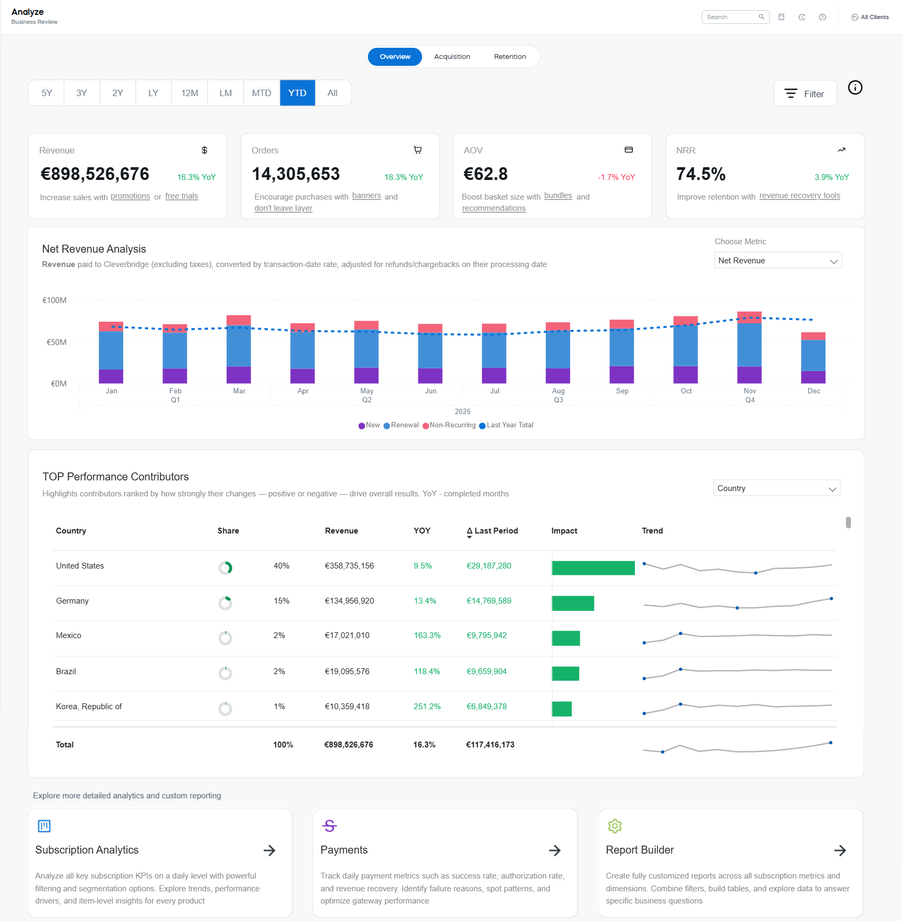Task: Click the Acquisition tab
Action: point(452,57)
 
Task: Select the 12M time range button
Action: point(190,93)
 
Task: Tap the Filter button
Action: point(805,94)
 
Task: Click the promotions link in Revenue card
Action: point(130,196)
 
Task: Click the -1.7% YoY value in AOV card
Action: point(616,177)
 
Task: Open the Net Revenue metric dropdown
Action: point(778,261)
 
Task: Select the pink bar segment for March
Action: point(238,320)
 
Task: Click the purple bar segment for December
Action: point(813,377)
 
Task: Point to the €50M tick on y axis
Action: point(56,342)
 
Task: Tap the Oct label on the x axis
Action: point(686,391)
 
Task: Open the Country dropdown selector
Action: point(776,488)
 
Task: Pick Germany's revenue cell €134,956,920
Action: point(349,601)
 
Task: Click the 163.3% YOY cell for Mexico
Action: point(427,635)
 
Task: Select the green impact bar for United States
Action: point(593,568)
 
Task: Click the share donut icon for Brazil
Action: point(225,673)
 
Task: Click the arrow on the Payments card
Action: point(555,850)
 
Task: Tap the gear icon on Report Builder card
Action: point(615,826)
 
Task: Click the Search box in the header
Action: point(731,17)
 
